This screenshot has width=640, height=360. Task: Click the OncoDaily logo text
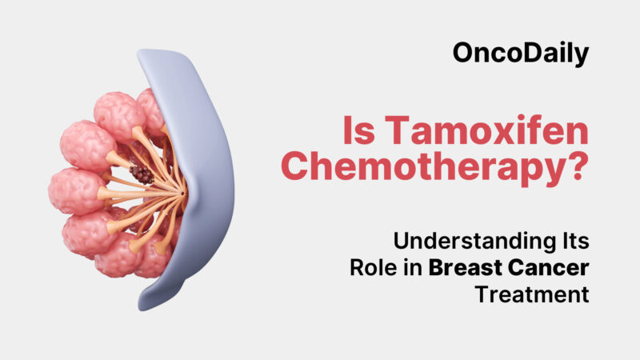point(520,54)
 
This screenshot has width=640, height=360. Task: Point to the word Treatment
point(531,294)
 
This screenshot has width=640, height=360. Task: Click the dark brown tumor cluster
point(143,174)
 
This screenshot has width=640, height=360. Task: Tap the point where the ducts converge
point(183,193)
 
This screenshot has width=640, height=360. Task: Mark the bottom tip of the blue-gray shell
point(145,306)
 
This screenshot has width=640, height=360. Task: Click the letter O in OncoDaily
point(462,54)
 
